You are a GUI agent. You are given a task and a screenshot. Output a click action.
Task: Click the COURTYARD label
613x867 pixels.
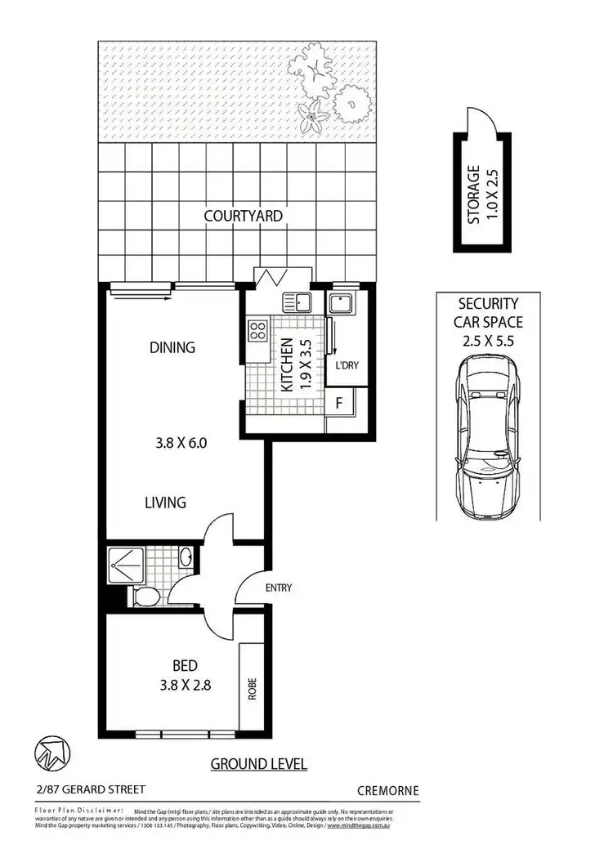pos(243,217)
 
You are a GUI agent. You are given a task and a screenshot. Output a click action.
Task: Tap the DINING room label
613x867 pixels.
pos(172,347)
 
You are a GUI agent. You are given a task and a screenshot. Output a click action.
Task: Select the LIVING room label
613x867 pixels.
pos(165,502)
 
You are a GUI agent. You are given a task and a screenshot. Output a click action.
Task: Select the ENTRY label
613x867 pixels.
pos(278,588)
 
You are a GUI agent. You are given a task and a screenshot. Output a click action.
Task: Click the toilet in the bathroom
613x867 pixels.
pos(147,597)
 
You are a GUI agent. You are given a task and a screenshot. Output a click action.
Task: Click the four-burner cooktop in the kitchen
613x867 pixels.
pos(257,331)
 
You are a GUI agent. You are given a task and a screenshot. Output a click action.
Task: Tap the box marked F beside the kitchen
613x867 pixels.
pos(339,402)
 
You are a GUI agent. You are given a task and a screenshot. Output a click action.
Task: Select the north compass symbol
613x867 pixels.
pos(51,753)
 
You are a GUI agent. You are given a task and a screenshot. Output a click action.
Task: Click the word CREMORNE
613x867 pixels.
pos(388,790)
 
